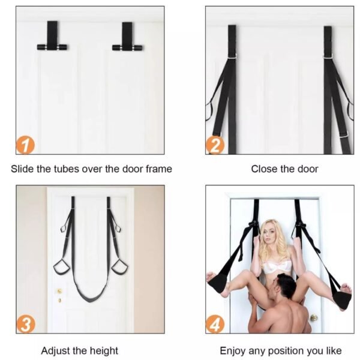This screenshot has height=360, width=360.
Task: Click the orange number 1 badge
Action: tap(25, 145)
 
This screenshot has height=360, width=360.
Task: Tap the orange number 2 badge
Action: tap(215, 145)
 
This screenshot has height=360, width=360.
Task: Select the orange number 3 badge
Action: tap(26, 324)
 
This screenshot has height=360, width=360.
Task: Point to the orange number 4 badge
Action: tap(215, 324)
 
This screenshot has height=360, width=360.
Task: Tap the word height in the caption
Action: tap(104, 351)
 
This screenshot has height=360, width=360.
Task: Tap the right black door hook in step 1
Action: tap(127, 37)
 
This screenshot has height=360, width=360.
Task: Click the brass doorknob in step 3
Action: tap(59, 292)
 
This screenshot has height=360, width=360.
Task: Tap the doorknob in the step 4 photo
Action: tap(313, 318)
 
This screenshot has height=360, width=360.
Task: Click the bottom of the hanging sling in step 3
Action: tap(90, 300)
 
